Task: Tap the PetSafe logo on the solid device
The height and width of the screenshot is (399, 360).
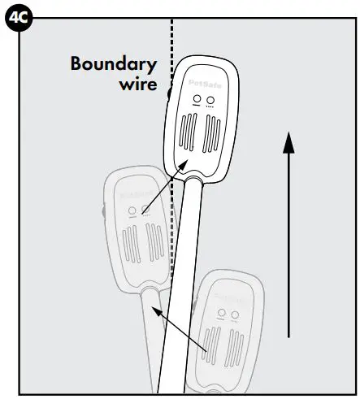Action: [x=202, y=81]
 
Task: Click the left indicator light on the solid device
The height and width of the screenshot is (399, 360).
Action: [x=196, y=99]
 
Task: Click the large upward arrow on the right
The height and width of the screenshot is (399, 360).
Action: [x=288, y=236]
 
